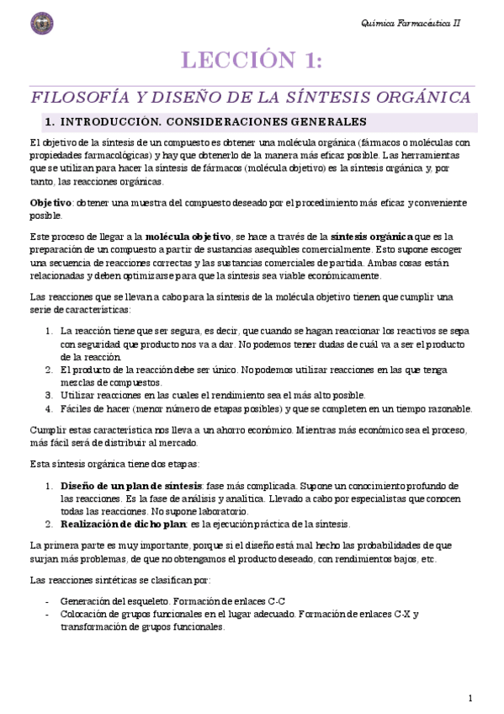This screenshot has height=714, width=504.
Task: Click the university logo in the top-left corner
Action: point(40,24)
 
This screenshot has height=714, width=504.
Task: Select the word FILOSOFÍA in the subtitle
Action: point(77,97)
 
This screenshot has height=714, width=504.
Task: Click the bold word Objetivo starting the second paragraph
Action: point(50,205)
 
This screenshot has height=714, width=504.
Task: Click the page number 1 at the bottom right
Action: point(470,698)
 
